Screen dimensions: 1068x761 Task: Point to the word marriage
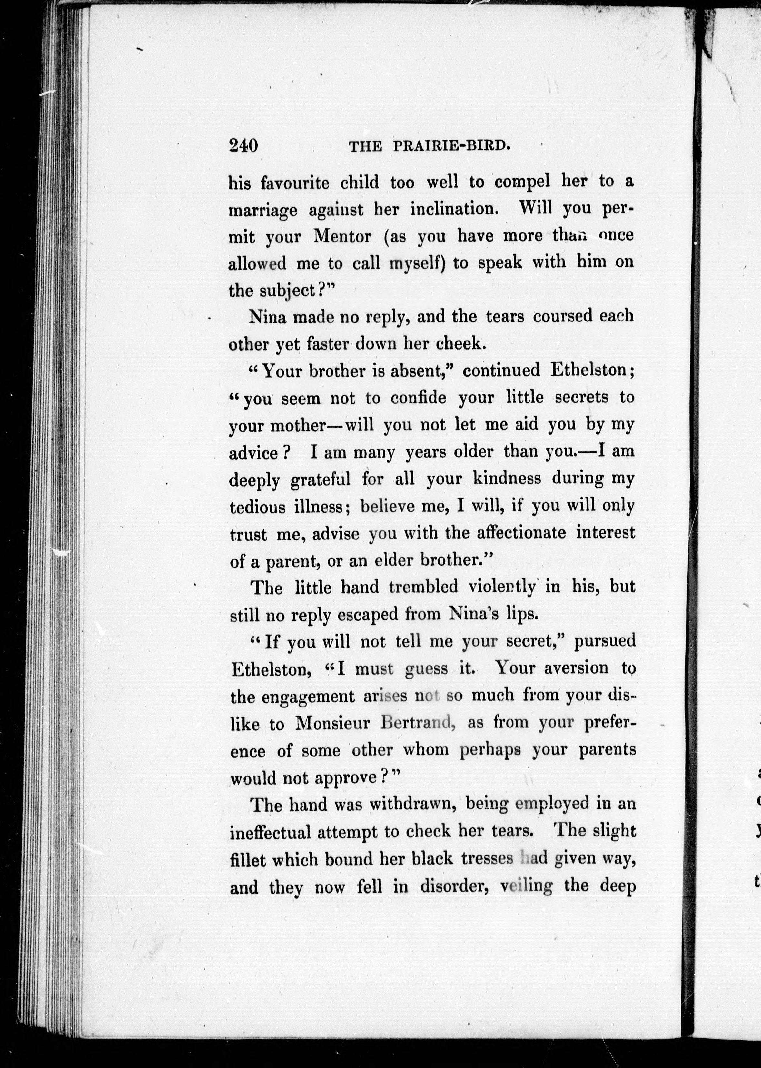262,210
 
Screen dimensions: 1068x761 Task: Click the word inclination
454,209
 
